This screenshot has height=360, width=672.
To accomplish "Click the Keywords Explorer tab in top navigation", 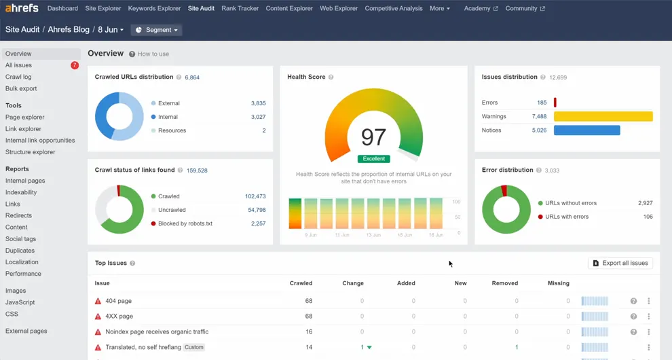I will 154,9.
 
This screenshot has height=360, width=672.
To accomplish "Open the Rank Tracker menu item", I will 240,9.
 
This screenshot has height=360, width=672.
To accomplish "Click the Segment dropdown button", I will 157,30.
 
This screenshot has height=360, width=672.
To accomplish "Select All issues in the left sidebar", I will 18,65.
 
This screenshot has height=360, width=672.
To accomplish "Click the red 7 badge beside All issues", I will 75,65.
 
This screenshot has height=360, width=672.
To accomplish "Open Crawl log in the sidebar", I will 18,77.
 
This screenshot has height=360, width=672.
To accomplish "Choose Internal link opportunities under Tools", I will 40,141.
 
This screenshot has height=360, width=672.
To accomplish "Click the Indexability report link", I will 21,192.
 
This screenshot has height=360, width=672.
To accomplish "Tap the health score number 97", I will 373,137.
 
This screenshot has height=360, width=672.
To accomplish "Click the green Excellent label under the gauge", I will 373,159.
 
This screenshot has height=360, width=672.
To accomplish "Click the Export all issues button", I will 620,263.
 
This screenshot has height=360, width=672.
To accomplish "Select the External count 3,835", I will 258,103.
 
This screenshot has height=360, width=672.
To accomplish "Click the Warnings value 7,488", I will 539,116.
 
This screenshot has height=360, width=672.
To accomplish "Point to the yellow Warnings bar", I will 603,116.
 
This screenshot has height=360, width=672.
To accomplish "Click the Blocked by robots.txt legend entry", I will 185,223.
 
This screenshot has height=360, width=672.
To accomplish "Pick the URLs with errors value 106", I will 648,217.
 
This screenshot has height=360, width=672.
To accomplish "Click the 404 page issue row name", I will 118,301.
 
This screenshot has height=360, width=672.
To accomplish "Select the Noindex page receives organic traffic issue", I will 157,332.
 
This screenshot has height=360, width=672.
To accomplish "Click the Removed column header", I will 504,283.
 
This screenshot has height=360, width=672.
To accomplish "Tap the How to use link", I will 153,54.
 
